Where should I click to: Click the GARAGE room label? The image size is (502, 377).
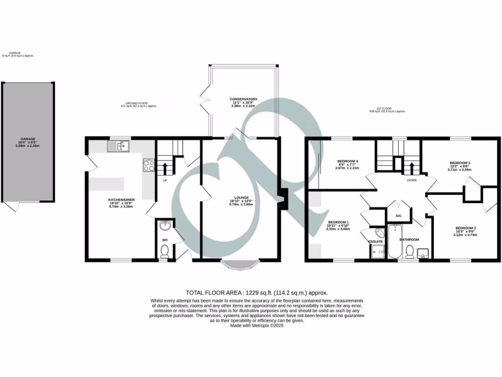pyautogui.click(x=28, y=139)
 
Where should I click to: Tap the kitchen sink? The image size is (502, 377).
pyautogui.click(x=117, y=145)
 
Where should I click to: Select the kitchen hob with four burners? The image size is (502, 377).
pyautogui.click(x=149, y=165)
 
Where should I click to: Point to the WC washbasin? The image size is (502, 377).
pyautogui.click(x=165, y=226)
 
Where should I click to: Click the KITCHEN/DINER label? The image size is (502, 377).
pyautogui.click(x=121, y=200)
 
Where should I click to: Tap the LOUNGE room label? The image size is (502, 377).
pyautogui.click(x=242, y=198)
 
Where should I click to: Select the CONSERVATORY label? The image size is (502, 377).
pyautogui.click(x=244, y=99)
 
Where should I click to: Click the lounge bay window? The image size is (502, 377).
pyautogui.click(x=241, y=265)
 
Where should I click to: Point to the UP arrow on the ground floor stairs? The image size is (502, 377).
pyautogui.click(x=165, y=169)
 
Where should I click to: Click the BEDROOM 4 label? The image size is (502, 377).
pyautogui.click(x=348, y=162)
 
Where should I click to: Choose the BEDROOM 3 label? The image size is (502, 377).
pyautogui.click(x=460, y=163)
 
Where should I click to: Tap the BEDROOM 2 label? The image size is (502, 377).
pyautogui.click(x=466, y=228)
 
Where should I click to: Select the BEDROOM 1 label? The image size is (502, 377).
pyautogui.click(x=338, y=222)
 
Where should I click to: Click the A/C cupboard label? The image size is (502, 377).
pyautogui.click(x=398, y=215)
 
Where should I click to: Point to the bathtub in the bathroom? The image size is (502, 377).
pyautogui.click(x=395, y=242)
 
